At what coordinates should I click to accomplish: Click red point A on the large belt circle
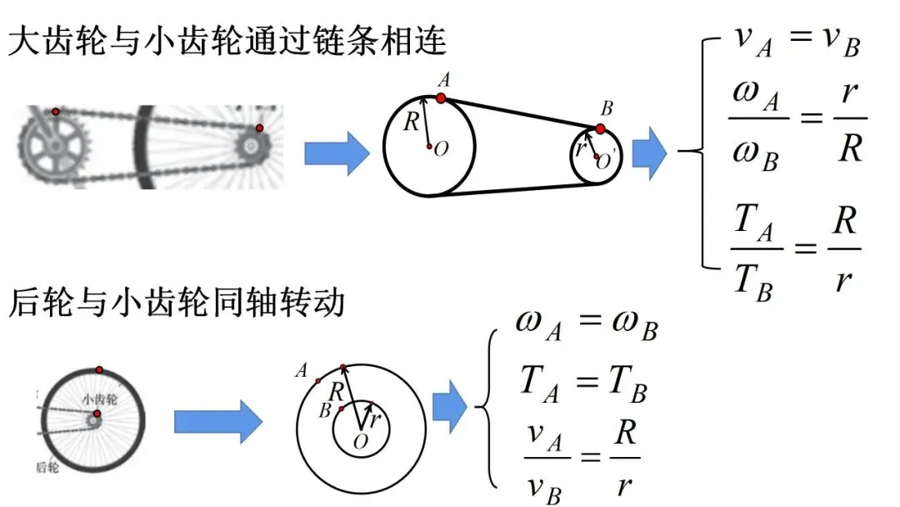(x=441, y=98)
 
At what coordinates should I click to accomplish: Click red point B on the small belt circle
(x=600, y=128)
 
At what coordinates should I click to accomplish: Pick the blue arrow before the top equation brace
(x=649, y=153)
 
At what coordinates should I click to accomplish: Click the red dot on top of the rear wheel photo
(x=98, y=369)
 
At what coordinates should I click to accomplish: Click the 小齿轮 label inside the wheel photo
(x=97, y=400)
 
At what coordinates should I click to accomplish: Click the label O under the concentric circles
(x=360, y=442)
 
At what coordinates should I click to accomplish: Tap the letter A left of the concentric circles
(x=301, y=371)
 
